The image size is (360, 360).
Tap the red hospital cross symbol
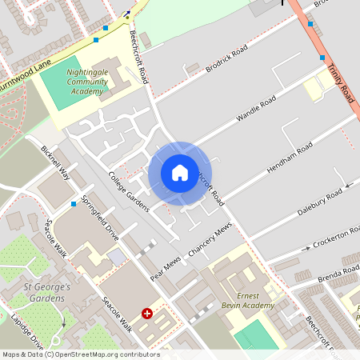tap(147, 314)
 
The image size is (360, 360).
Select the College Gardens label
tap(129, 193)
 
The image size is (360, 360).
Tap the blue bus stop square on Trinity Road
tap(322, 58)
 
